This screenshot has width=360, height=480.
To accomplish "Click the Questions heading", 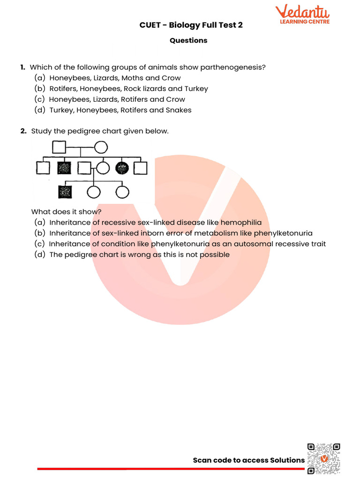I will pyautogui.click(x=188, y=40).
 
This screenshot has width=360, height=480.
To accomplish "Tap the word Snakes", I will pyautogui.click(x=178, y=110).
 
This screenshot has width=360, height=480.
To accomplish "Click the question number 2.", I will pyautogui.click(x=23, y=131).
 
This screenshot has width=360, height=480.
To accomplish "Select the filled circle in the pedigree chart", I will pyautogui.click(x=122, y=167).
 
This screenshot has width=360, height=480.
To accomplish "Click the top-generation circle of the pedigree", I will pyautogui.click(x=100, y=148).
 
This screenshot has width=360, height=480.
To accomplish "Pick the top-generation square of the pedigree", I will pyautogui.click(x=59, y=148).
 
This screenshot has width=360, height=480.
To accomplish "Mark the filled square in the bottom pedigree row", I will pyautogui.click(x=64, y=192).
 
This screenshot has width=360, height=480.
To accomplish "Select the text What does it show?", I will pyautogui.click(x=66, y=212).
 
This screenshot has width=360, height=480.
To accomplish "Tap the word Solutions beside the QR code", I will pyautogui.click(x=287, y=460).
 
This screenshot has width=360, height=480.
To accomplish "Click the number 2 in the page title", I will pyautogui.click(x=240, y=25).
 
